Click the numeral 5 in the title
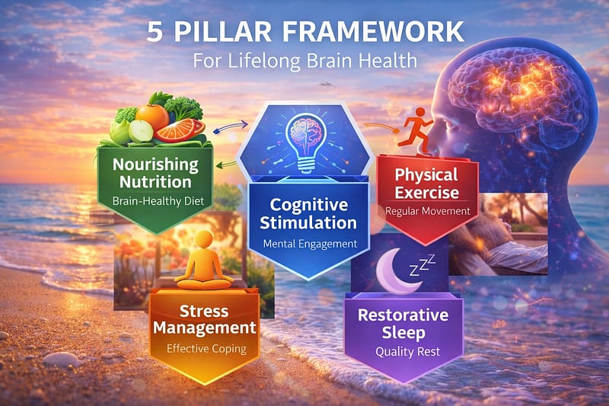click(155, 31)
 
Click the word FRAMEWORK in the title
click(373, 31)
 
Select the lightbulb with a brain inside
click(305, 142)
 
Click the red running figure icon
click(416, 130)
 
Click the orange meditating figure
click(203, 261)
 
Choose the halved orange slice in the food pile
click(180, 130)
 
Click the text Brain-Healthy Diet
click(158, 201)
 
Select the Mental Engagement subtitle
click(310, 245)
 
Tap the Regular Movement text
click(428, 211)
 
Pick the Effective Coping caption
click(206, 349)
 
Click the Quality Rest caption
click(407, 352)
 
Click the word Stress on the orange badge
click(204, 311)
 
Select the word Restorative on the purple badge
click(403, 315)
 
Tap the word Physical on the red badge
click(426, 176)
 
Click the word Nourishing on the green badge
click(155, 165)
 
